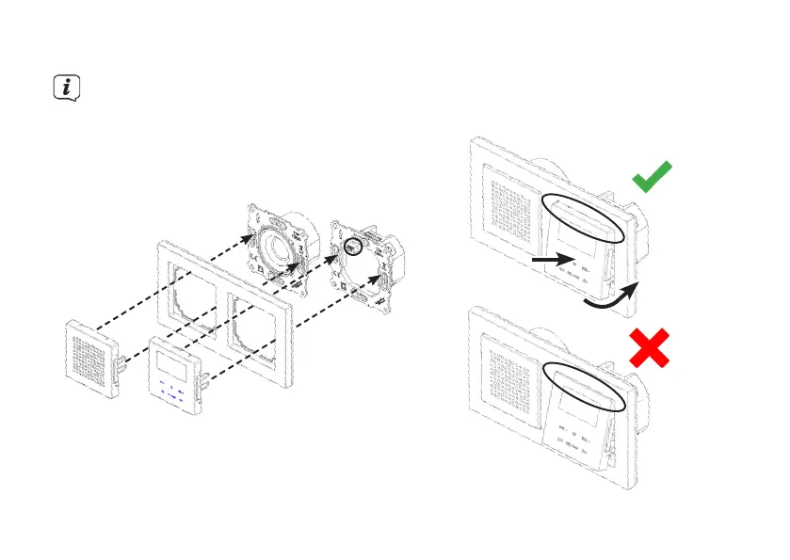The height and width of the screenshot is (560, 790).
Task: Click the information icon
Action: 65,88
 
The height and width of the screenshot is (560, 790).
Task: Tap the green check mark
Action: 652,176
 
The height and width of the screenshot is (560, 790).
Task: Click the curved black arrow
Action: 609,295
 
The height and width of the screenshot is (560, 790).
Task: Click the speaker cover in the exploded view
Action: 90,359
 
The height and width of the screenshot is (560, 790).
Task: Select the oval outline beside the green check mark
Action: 584,216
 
